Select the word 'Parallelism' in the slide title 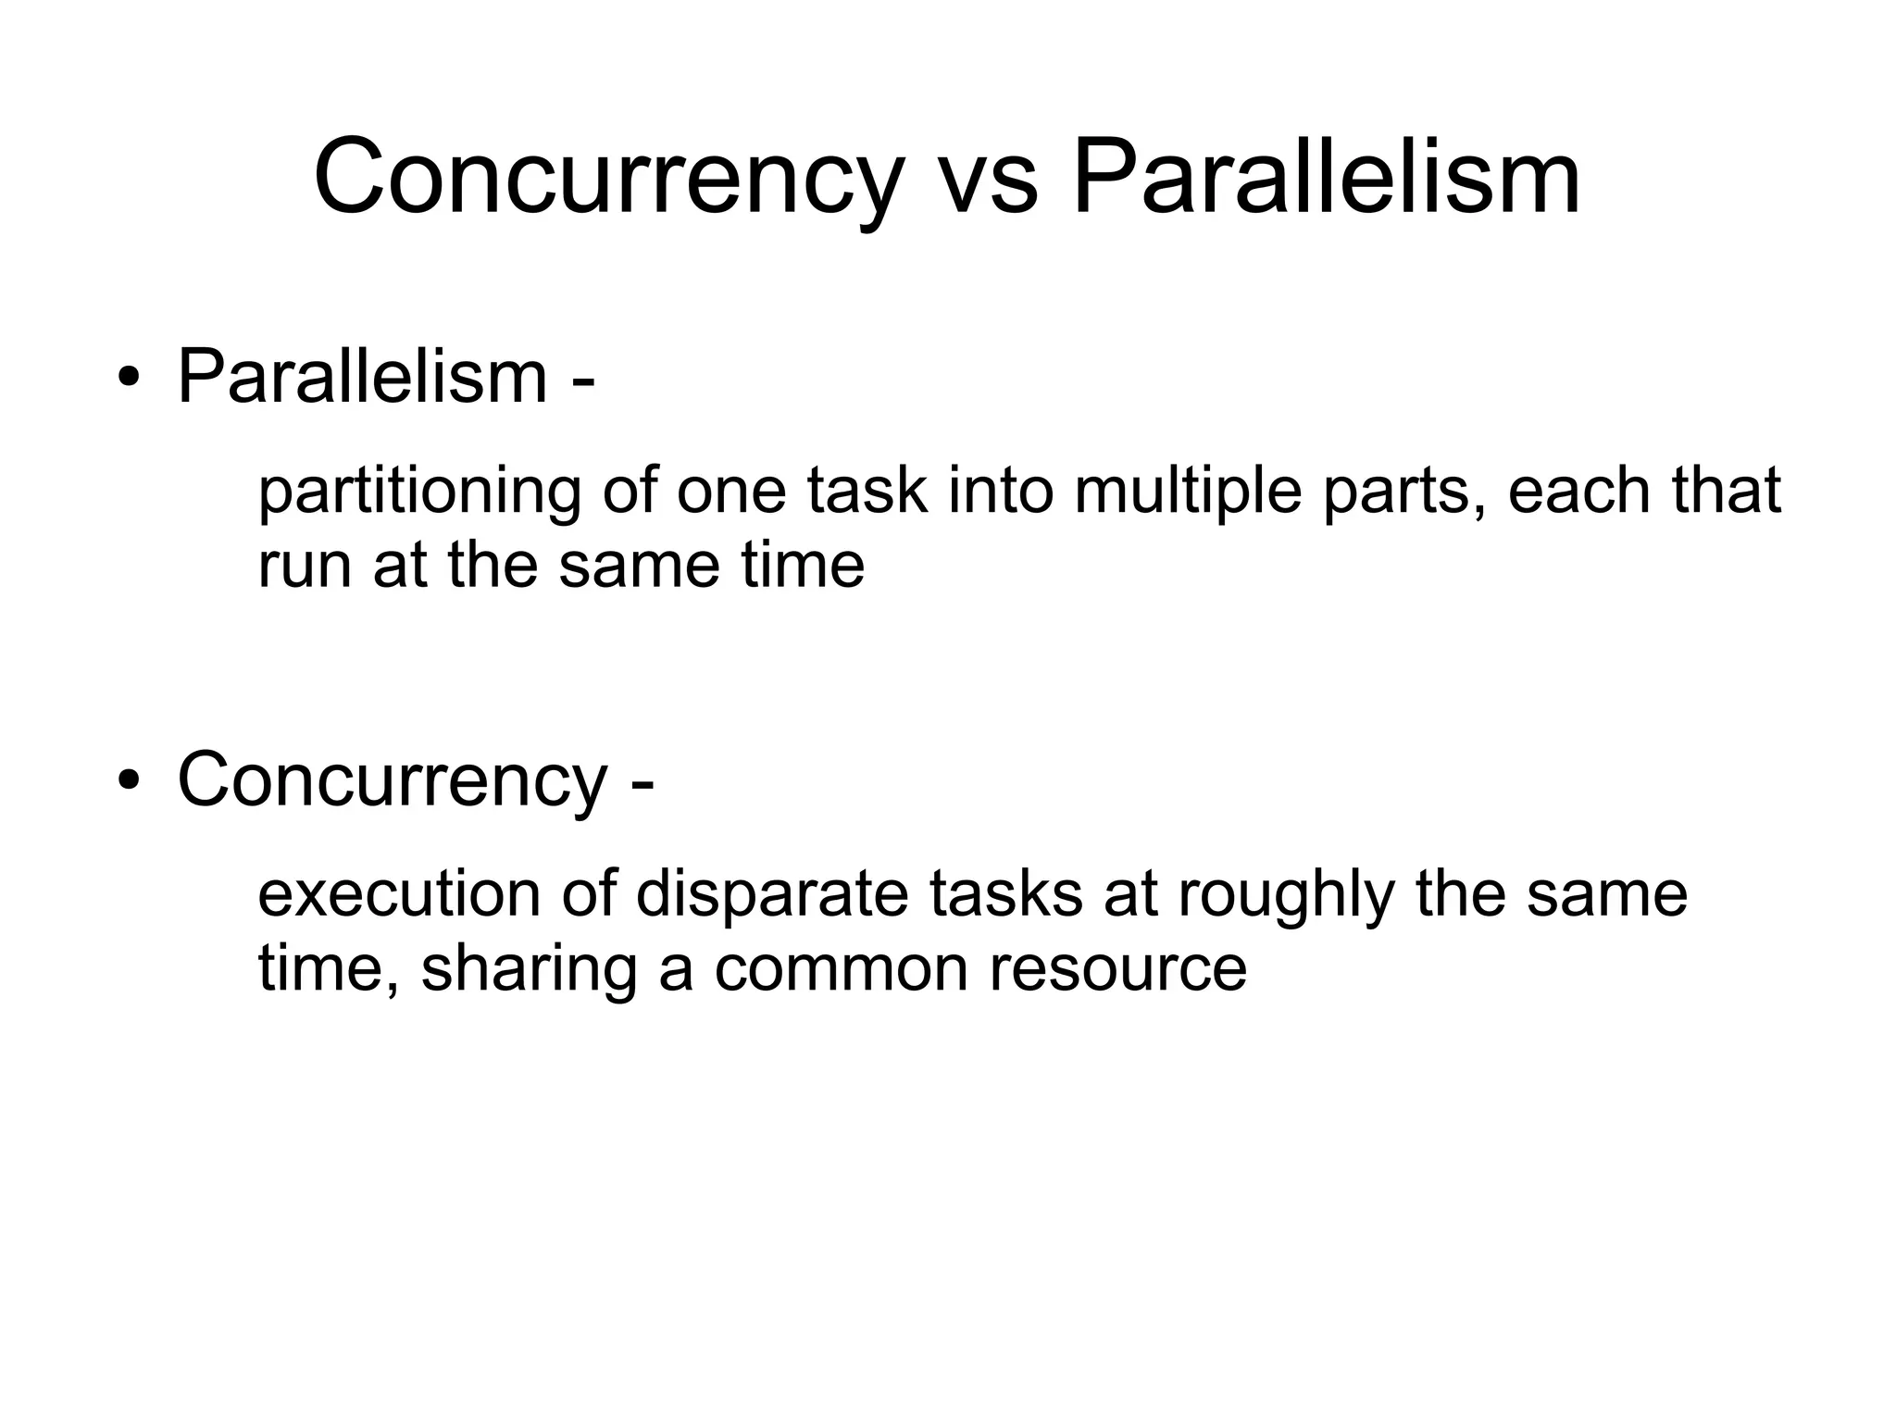point(1326,178)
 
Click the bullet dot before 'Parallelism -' point(129,380)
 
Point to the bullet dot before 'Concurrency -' point(129,781)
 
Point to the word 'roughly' point(1286,896)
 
